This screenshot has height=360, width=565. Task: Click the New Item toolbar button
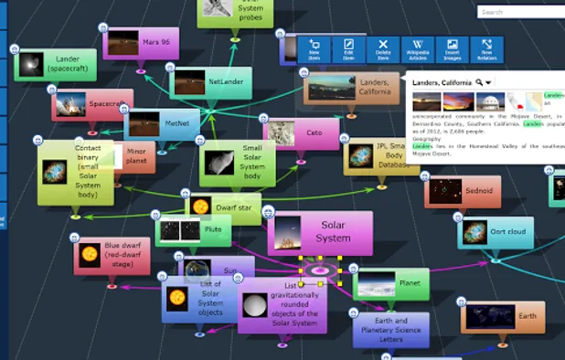314,49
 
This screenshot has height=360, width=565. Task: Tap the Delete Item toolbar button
383,49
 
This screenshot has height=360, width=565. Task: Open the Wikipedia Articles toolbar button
417,49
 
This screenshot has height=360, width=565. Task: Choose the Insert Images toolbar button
452,49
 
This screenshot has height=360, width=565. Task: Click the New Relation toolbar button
485,49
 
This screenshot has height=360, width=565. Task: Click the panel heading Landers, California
442,82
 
